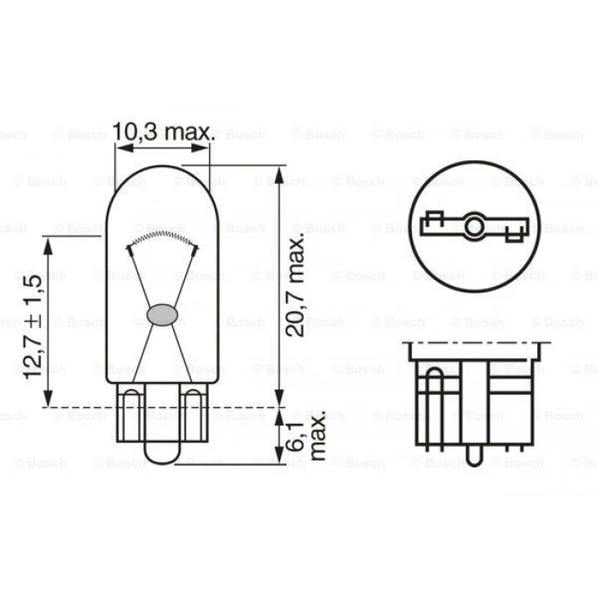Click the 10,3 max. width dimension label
pyautogui.click(x=162, y=131)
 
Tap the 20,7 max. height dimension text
pyautogui.click(x=297, y=286)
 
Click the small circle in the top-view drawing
pyautogui.click(x=473, y=227)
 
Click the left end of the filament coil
pyautogui.click(x=129, y=247)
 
